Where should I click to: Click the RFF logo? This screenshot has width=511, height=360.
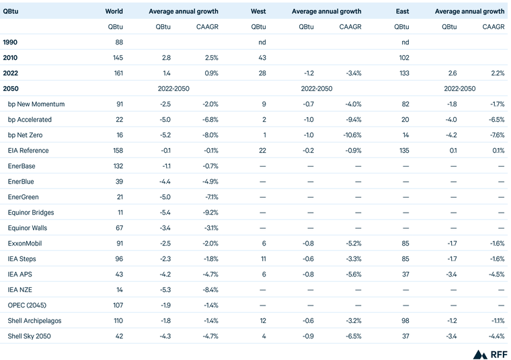click(x=490, y=354)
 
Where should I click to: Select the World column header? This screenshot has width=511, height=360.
click(x=114, y=11)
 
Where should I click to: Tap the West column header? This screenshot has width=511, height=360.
click(x=258, y=11)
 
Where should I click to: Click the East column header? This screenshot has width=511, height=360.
click(x=401, y=11)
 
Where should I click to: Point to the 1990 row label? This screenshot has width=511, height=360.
click(x=11, y=42)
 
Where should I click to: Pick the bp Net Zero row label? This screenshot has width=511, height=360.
click(x=29, y=135)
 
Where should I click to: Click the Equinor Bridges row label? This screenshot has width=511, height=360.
click(x=31, y=213)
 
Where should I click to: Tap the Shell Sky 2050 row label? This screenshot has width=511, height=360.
click(x=30, y=336)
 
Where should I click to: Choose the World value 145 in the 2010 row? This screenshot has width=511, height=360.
click(x=117, y=58)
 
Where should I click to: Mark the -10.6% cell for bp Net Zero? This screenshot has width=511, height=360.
click(x=350, y=135)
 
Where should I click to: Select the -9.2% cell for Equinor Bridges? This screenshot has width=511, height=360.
click(x=208, y=213)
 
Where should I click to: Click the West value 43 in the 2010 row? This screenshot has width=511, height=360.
click(x=262, y=58)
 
